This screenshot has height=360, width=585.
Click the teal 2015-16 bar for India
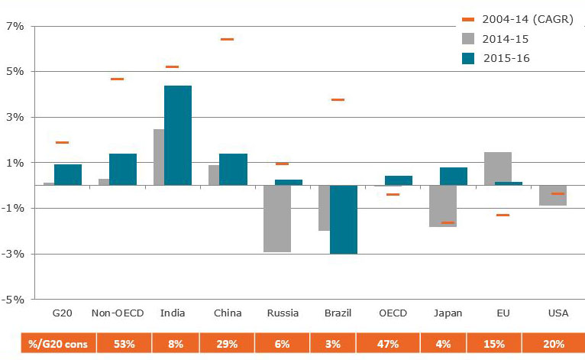click(178, 135)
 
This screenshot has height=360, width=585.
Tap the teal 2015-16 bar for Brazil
click(343, 219)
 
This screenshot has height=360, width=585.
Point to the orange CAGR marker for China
click(227, 39)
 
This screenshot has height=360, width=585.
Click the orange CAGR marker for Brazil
click(337, 99)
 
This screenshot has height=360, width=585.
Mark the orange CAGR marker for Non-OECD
click(117, 79)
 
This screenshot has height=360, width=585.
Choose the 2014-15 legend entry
click(510, 38)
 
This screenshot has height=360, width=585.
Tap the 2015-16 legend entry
click(510, 58)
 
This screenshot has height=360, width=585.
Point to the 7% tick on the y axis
click(16, 26)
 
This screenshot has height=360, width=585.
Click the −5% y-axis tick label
click(15, 300)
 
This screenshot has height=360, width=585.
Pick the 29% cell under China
click(227, 344)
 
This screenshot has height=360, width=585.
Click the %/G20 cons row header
click(58, 344)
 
